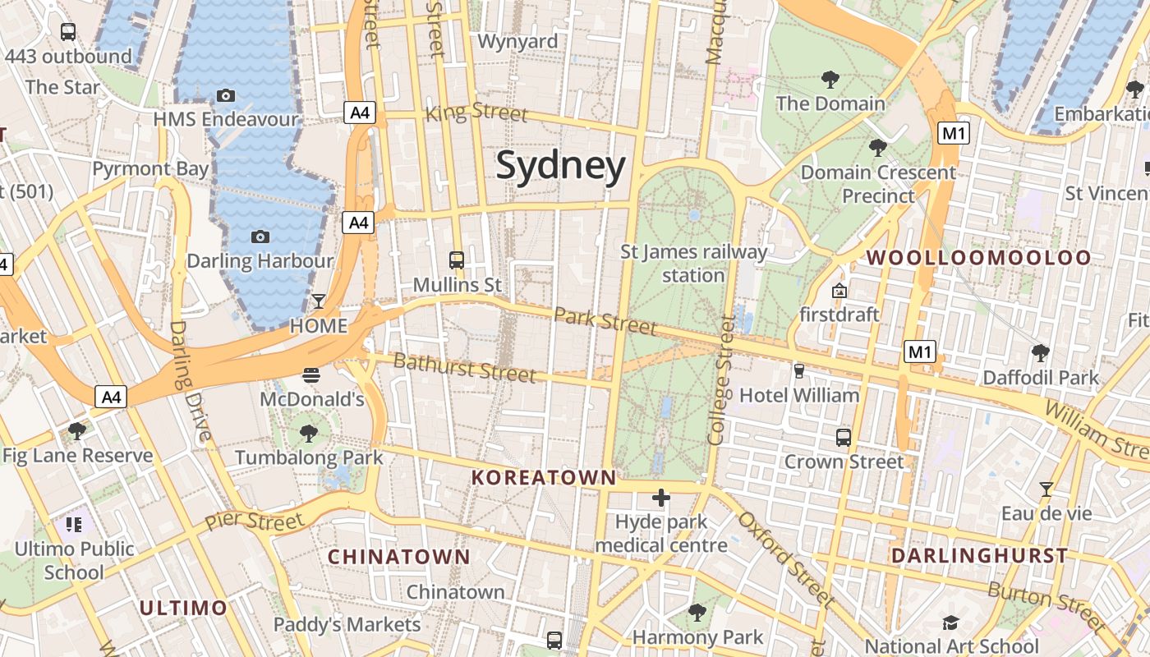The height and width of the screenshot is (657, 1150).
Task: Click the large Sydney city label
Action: (561, 166)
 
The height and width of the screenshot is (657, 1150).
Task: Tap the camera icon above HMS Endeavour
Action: (226, 96)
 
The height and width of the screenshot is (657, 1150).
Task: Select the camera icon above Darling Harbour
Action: (260, 237)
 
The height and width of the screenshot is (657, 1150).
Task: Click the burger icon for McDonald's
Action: (311, 376)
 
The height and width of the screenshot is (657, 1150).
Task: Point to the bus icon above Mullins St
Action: (457, 260)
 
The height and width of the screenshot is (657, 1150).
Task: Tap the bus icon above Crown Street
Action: (844, 438)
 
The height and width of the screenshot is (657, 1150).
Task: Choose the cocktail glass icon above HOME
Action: (319, 301)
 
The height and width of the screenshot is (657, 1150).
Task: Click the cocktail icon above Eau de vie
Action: (1046, 489)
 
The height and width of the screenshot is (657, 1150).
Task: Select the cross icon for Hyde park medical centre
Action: (661, 498)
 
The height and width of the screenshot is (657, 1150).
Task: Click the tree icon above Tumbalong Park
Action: (309, 433)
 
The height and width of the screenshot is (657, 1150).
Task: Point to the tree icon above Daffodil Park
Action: (1041, 353)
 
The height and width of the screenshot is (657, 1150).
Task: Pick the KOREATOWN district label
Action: (544, 477)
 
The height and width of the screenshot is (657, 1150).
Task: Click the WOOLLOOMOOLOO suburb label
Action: (979, 257)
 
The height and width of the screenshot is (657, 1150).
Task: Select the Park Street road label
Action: (605, 320)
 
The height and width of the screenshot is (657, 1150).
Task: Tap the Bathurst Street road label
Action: (465, 367)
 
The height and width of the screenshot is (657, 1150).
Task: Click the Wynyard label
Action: (517, 41)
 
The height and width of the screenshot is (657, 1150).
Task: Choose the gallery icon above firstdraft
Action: (839, 291)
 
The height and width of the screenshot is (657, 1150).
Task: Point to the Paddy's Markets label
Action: (347, 624)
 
